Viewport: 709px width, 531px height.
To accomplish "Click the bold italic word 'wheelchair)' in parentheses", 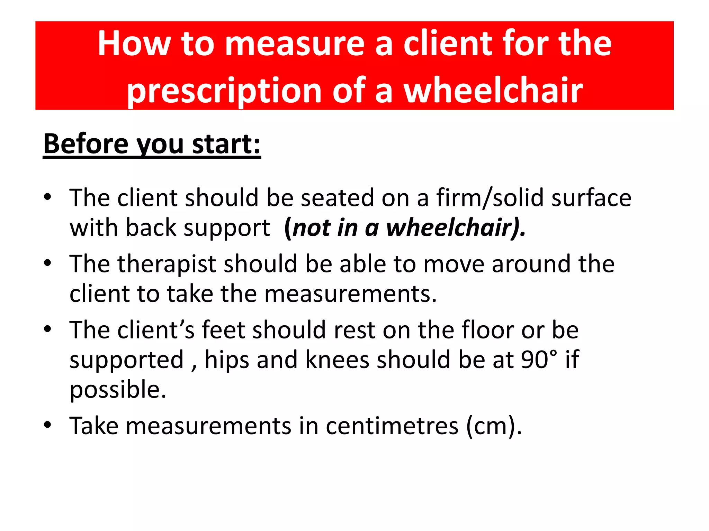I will click(x=456, y=228).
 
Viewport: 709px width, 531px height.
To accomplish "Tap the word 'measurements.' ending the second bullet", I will click(x=350, y=294).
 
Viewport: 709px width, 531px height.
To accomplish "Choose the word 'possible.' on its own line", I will click(x=118, y=390).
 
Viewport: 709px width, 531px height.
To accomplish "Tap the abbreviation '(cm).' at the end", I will click(x=494, y=426).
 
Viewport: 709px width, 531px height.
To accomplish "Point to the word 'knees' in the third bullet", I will click(x=337, y=360).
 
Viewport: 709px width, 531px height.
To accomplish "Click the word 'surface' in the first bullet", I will click(x=591, y=198).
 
